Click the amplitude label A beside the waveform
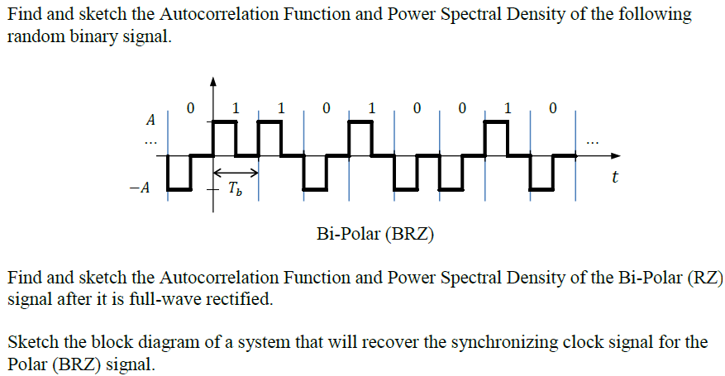[150, 121]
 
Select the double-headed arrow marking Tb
[236, 173]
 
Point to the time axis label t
[616, 178]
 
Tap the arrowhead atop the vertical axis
[213, 81]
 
